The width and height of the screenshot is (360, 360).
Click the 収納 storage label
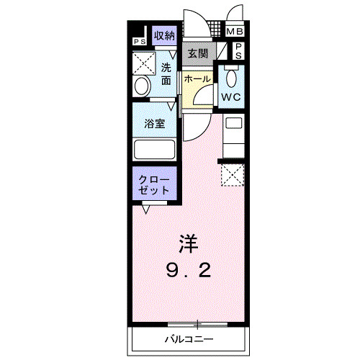pos(164,35)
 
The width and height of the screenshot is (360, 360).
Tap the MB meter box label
pos(235,32)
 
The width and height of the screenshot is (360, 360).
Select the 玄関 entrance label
pos(198,53)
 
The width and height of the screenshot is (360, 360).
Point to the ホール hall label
pos(197,78)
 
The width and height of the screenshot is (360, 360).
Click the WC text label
pos(231,96)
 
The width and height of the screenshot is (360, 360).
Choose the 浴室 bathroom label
pos(154,123)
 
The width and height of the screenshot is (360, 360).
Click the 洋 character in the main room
pos(189,243)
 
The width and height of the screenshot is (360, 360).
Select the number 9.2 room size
pos(189,270)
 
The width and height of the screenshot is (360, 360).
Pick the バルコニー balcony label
pos(188,337)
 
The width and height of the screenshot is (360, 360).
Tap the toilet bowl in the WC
pos(231,75)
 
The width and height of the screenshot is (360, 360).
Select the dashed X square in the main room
pos(231,175)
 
